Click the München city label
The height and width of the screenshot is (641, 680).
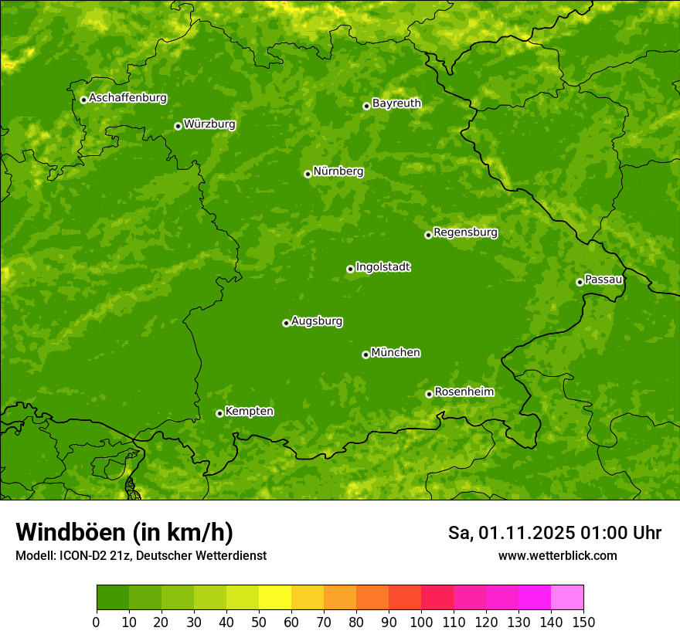point(396,353)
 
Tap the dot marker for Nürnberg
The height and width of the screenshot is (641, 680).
point(308,174)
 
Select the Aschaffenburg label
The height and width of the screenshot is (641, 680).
point(127,98)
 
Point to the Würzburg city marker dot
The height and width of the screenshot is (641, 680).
point(178,126)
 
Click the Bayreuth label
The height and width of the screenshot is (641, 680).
point(396,103)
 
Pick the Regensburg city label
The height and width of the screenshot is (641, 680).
point(465,232)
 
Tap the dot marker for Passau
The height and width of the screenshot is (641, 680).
point(580,282)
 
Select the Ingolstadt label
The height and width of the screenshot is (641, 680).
point(382,267)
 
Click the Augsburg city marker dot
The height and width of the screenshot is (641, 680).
point(286,323)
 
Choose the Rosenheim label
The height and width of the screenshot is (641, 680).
point(464,392)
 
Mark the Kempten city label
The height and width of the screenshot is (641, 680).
point(249,412)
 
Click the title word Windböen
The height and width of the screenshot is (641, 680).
point(70,532)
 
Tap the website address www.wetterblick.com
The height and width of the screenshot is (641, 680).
point(557,555)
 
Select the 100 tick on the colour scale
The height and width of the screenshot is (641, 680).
point(421,621)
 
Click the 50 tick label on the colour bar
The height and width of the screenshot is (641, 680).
point(259,621)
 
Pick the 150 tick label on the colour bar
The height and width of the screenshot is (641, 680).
point(583,621)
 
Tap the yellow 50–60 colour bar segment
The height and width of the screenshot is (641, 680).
point(275,598)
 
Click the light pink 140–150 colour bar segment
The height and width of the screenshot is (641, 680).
point(567,598)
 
